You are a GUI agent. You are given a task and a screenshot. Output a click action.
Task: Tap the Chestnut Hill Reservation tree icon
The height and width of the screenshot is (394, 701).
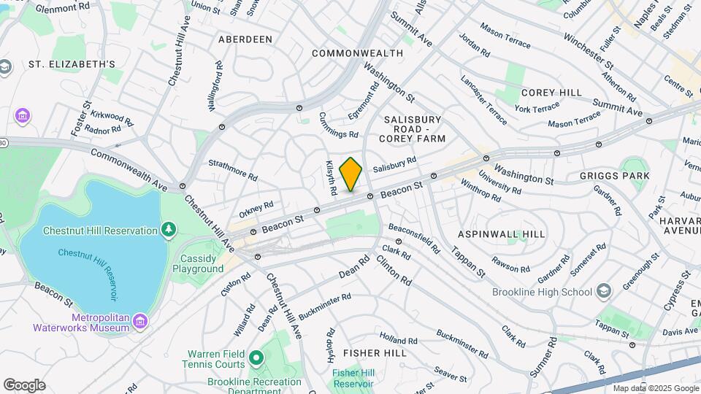[169, 231]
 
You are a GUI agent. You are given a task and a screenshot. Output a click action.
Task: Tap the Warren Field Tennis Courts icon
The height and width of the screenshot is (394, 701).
[256, 358]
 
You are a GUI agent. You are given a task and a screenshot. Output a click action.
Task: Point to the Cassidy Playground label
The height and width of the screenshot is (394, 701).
[198, 263]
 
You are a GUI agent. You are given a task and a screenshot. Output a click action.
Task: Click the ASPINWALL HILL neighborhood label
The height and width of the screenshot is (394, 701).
[502, 234]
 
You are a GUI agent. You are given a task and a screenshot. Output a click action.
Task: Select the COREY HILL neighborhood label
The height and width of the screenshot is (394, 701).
[551, 93]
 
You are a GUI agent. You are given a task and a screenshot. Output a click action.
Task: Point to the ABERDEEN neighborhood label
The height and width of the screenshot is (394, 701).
[245, 39]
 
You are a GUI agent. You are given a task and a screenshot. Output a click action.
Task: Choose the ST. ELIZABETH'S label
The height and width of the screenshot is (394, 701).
[72, 64]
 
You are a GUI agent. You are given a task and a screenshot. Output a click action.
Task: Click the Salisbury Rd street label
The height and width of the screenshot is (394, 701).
[394, 164]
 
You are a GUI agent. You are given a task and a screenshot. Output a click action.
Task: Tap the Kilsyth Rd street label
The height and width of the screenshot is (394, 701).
[330, 177]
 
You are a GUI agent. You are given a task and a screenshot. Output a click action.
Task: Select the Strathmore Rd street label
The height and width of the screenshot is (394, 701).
[233, 171]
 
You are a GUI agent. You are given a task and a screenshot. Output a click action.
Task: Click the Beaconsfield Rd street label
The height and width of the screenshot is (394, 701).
[414, 237]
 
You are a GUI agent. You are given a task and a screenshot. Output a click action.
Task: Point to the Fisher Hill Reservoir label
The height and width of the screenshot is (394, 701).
[353, 378]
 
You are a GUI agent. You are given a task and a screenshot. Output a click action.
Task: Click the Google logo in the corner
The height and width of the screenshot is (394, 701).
[24, 385]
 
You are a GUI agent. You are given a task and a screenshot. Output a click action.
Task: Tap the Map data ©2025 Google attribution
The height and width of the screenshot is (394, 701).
[654, 388]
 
